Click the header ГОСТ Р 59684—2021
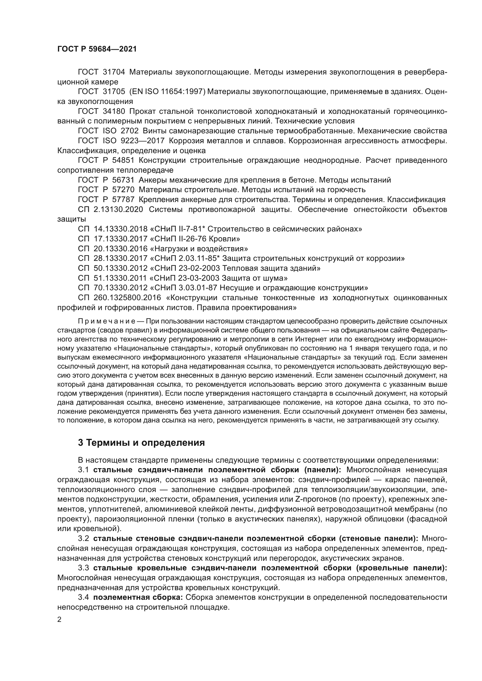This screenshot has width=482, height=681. pos(97,49)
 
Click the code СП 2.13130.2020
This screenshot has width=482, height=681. pos(110,209)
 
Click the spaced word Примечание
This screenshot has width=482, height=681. pos(107,321)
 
